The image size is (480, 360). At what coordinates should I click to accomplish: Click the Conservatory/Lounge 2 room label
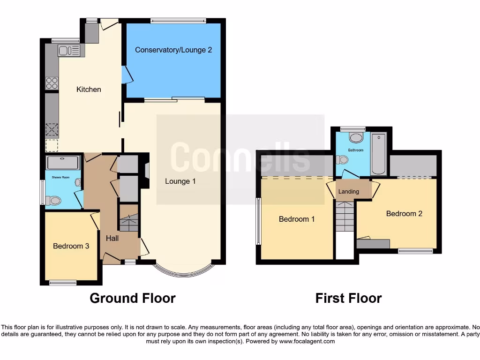(x=173, y=50)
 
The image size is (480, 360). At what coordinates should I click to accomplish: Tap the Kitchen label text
(x=89, y=89)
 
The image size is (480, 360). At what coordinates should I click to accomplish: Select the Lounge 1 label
(x=180, y=181)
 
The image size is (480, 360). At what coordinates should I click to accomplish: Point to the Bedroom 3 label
(x=71, y=246)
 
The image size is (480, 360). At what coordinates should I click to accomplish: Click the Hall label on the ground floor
(x=112, y=238)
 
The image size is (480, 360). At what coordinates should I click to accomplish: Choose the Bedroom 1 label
(x=297, y=219)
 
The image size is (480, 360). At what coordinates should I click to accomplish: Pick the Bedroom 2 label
(x=404, y=213)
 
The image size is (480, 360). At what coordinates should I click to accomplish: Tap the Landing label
(x=348, y=191)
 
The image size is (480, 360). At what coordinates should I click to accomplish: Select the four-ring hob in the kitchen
(x=52, y=83)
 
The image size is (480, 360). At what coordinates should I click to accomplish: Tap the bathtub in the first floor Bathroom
(x=378, y=154)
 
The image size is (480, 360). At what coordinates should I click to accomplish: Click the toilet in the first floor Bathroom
(x=356, y=137)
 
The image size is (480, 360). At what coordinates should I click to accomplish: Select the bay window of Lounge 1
(x=184, y=271)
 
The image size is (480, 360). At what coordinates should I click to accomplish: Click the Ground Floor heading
(x=133, y=298)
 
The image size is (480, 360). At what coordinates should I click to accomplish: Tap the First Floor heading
(x=348, y=298)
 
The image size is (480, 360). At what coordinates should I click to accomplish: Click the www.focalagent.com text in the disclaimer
(x=307, y=341)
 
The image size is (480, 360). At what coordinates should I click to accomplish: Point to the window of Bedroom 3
(x=63, y=282)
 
